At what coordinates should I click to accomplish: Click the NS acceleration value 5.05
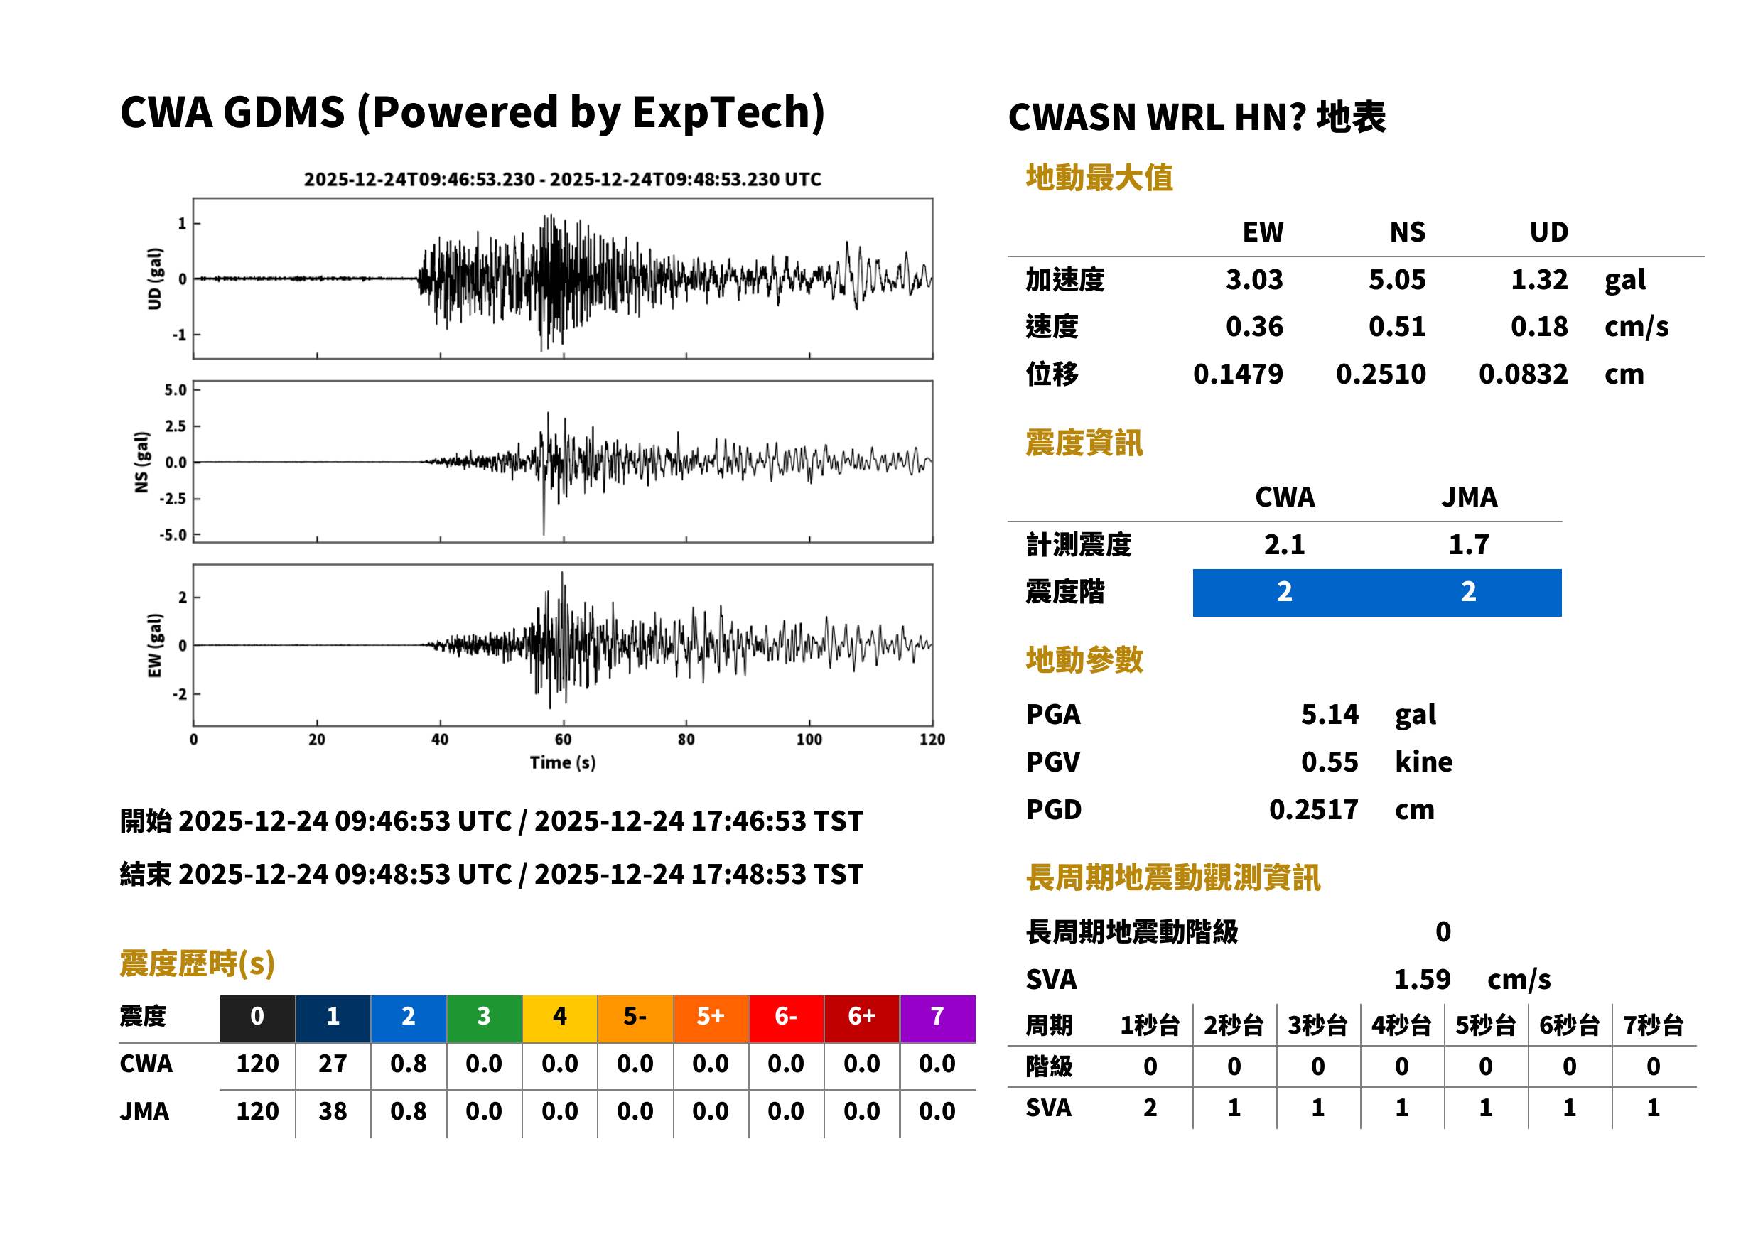point(1396,280)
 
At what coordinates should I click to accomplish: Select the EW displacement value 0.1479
point(1237,374)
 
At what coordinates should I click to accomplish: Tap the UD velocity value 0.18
point(1539,327)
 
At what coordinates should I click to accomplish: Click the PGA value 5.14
point(1330,714)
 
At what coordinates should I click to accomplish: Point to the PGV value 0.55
point(1330,762)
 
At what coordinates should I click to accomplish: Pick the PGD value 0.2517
point(1313,810)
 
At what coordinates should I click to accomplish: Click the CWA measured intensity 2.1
point(1285,545)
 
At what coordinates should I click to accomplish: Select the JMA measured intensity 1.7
point(1468,545)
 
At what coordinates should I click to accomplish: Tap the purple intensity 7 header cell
point(937,1018)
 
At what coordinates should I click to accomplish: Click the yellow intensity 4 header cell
point(560,1018)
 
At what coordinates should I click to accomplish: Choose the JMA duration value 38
point(333,1112)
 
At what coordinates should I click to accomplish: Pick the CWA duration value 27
point(333,1064)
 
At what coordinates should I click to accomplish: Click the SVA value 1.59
point(1422,980)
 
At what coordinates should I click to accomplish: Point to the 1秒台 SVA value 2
point(1150,1108)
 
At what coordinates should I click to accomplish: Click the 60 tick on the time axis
point(563,740)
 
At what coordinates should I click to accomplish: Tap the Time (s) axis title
point(563,763)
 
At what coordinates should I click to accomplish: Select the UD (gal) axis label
point(155,279)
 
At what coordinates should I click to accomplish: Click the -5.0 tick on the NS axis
point(173,535)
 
